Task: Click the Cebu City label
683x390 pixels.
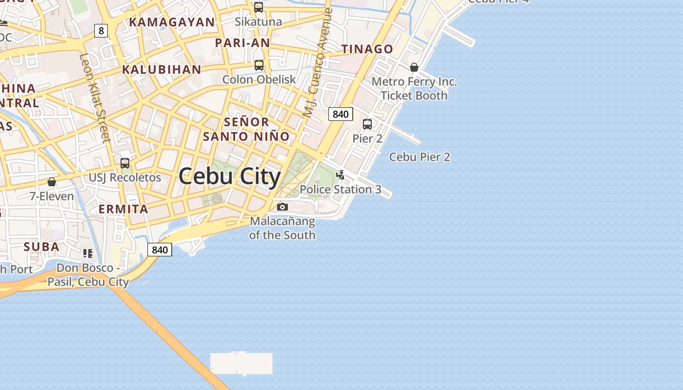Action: [229, 176]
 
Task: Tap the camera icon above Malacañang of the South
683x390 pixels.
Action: [282, 207]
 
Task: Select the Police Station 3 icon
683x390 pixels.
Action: [341, 175]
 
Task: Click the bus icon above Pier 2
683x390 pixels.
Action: [367, 124]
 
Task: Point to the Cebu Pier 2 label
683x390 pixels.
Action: [420, 157]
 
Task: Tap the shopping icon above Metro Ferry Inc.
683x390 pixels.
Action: [414, 67]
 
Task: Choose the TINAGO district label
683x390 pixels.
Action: [367, 49]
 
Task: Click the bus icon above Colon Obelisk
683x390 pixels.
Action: [259, 65]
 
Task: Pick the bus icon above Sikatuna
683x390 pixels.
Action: [259, 7]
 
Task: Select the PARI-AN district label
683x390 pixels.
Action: [242, 43]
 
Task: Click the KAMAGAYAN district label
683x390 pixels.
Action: [172, 22]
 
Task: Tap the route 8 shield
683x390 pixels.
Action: [101, 31]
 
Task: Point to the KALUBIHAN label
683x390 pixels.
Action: [161, 69]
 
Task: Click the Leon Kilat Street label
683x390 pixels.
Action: [95, 97]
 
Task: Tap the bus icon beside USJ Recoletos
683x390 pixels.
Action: [125, 163]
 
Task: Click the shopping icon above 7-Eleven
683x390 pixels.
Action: [52, 182]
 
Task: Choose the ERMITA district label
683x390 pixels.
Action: [123, 209]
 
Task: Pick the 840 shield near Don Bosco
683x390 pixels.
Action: [160, 250]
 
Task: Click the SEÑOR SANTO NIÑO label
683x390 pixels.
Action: [246, 129]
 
